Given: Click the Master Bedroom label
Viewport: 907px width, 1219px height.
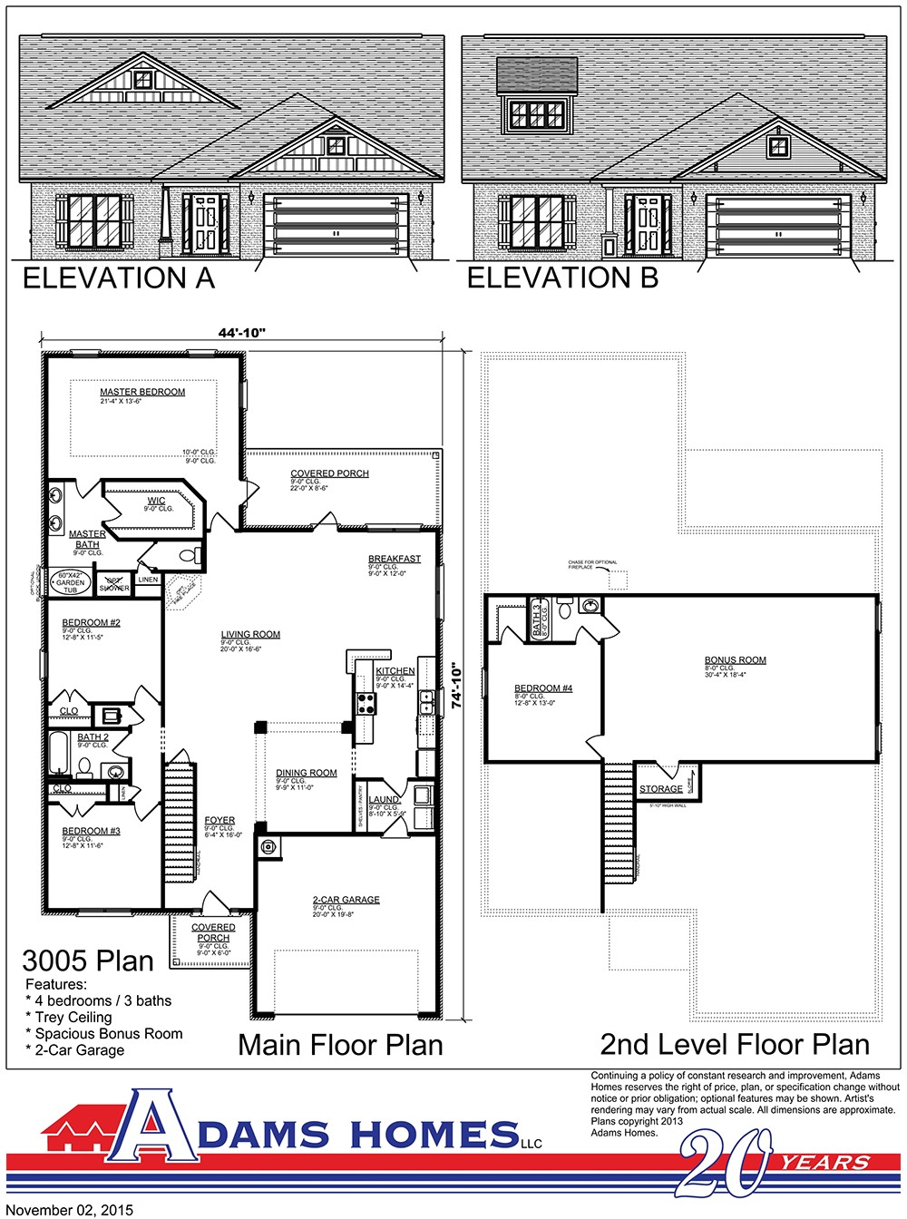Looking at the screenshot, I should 142,392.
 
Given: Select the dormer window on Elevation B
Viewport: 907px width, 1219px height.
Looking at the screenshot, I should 537,114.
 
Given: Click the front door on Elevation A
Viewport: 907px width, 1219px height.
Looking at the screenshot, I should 206,224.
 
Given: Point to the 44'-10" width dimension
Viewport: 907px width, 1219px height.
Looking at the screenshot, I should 241,333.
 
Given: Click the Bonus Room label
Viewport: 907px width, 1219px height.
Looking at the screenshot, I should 736,660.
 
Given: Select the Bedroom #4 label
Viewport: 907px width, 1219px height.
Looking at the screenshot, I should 543,688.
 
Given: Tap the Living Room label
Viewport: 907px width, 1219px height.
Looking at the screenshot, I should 250,635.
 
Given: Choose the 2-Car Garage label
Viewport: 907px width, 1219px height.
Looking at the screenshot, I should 346,900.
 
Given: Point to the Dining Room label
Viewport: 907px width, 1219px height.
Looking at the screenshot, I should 307,774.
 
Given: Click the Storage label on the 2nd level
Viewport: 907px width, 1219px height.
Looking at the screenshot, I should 661,789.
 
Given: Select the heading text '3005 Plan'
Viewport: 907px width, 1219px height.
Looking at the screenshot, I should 88,961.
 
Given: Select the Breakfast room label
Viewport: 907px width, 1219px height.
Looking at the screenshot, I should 395,559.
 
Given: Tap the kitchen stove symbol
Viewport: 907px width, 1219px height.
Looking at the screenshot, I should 366,703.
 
